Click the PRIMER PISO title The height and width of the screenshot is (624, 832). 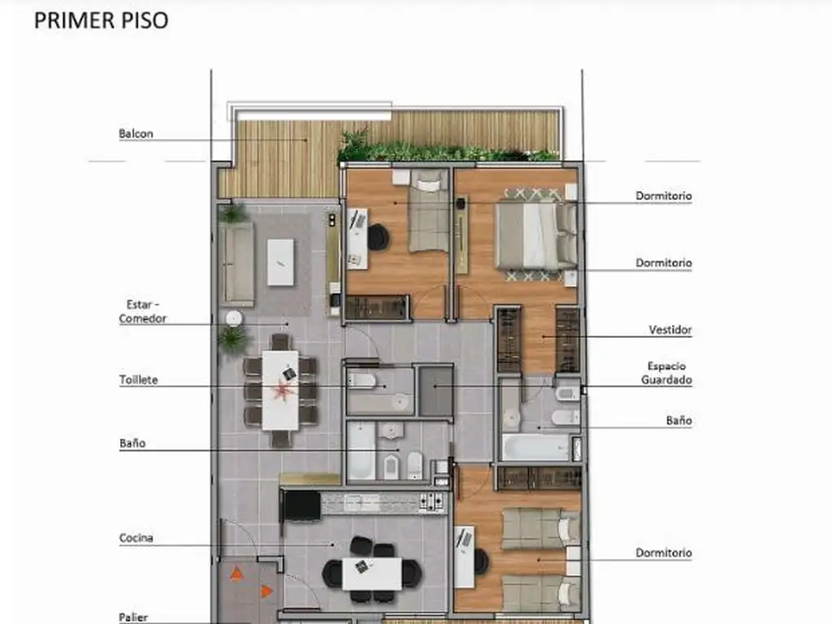pyautogui.click(x=102, y=20)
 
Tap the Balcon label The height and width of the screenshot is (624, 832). pyautogui.click(x=136, y=134)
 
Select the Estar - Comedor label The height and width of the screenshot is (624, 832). pyautogui.click(x=143, y=311)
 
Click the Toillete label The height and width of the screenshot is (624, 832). pyautogui.click(x=138, y=380)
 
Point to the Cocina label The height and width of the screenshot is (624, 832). pyautogui.click(x=136, y=538)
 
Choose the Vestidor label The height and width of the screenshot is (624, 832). pyautogui.click(x=670, y=330)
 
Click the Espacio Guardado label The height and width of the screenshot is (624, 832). pyautogui.click(x=666, y=373)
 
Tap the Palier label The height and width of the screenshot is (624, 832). pyautogui.click(x=133, y=617)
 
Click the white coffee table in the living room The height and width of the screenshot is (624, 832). pyautogui.click(x=280, y=262)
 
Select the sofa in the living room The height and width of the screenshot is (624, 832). pyautogui.click(x=237, y=263)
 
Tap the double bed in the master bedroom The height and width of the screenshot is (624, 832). pyautogui.click(x=536, y=236)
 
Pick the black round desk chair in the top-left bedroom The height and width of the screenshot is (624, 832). pyautogui.click(x=378, y=236)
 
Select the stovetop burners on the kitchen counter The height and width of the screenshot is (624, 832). pyautogui.click(x=431, y=500)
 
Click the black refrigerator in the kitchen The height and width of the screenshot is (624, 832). pyautogui.click(x=301, y=505)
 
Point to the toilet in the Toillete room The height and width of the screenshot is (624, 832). pyautogui.click(x=362, y=380)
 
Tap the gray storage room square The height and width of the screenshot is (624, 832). pyautogui.click(x=436, y=392)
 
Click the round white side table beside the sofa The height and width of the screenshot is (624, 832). pyautogui.click(x=233, y=318)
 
